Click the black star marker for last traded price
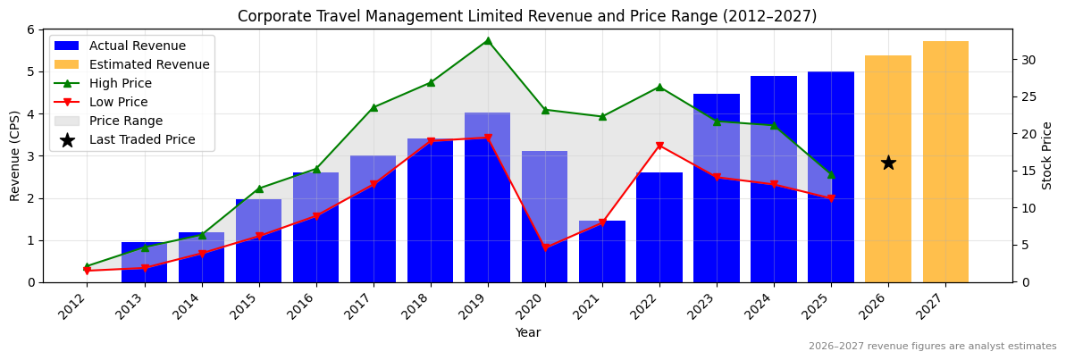pyautogui.click(x=888, y=163)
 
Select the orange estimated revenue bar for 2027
pyautogui.click(x=945, y=162)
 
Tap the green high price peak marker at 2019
pyautogui.click(x=487, y=40)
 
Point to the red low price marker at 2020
pyautogui.click(x=545, y=247)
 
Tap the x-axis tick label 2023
pyautogui.click(x=709, y=306)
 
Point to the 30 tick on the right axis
pyautogui.click(x=1028, y=60)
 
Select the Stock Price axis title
pyautogui.click(x=1047, y=155)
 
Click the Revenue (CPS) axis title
pyautogui.click(x=15, y=155)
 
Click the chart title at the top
pyautogui.click(x=527, y=16)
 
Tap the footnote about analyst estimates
pyautogui.click(x=932, y=347)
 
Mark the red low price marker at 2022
pyautogui.click(x=659, y=146)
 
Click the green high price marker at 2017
pyautogui.click(x=373, y=107)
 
